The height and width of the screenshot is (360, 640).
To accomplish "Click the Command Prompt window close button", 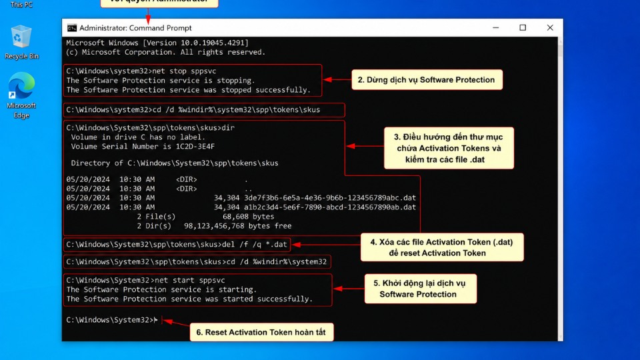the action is pyautogui.click(x=550, y=28).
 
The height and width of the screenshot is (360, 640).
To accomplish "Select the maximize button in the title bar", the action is pyautogui.click(x=523, y=28).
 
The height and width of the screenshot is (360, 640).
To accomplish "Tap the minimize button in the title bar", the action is pyautogui.click(x=495, y=28).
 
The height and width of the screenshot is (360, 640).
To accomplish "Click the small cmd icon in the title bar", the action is pyautogui.click(x=72, y=28).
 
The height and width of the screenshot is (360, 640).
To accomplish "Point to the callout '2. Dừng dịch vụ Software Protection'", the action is pyautogui.click(x=427, y=79).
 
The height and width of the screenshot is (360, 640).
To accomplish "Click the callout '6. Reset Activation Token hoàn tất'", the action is pyautogui.click(x=261, y=332).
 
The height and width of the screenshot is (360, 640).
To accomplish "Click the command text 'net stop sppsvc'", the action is pyautogui.click(x=184, y=71).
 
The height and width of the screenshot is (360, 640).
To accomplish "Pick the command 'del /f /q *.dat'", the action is pyautogui.click(x=254, y=245).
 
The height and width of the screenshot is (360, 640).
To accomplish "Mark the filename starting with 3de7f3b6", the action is pyautogui.click(x=330, y=198).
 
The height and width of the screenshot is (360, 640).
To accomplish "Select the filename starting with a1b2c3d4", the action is pyautogui.click(x=330, y=207).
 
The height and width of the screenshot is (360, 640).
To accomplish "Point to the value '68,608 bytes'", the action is pyautogui.click(x=248, y=217).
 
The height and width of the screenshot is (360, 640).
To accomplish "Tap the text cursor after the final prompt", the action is pyautogui.click(x=156, y=320).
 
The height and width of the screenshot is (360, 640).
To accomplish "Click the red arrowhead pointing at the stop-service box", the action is pyautogui.click(x=327, y=80).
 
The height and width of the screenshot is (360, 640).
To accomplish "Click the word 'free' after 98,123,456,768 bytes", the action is pyautogui.click(x=283, y=226).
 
